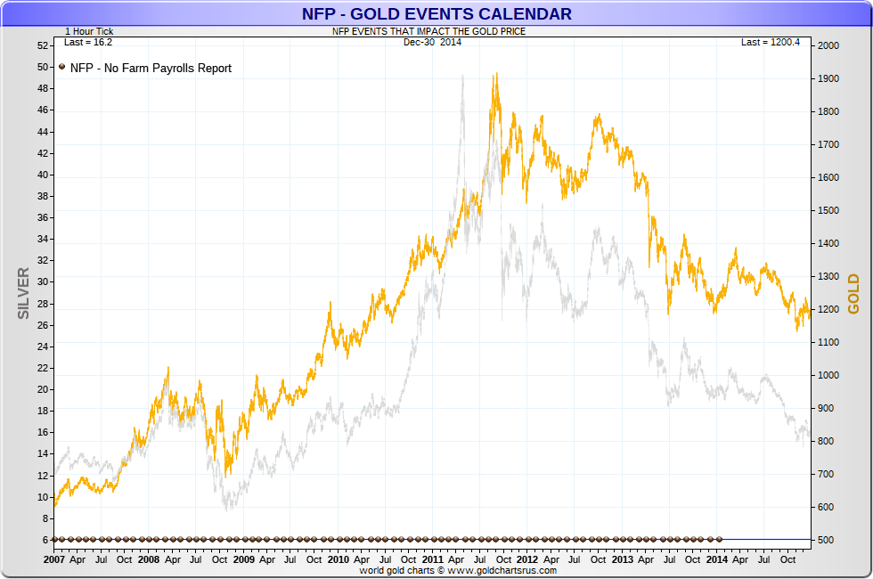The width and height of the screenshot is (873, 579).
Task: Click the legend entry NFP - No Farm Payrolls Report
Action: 150,68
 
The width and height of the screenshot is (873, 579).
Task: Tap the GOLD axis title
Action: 853,294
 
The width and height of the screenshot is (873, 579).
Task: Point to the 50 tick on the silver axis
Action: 42,67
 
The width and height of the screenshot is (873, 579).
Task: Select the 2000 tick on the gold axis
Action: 828,45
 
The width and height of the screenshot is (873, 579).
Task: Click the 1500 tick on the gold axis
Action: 828,210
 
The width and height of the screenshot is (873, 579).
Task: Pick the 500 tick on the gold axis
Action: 826,540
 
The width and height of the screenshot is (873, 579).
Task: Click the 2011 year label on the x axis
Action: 432,559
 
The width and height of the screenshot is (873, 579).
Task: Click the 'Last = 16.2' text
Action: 88,42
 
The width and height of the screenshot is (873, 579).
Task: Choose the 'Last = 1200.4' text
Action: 771,42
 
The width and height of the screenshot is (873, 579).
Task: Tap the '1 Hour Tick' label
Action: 89,31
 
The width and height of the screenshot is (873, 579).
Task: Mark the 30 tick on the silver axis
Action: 42,281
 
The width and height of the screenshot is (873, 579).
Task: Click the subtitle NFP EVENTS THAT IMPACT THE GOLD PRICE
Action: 428,31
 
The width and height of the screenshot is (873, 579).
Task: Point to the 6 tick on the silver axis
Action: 45,540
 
